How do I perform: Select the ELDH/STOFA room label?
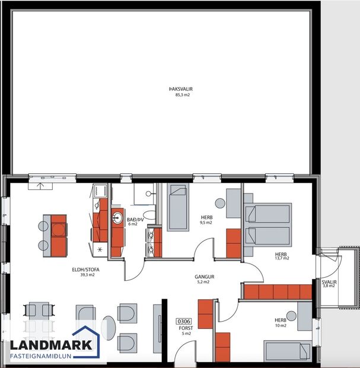[86, 269]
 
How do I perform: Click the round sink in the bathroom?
[116, 217]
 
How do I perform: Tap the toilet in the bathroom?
[149, 215]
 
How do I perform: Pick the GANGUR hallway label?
[204, 277]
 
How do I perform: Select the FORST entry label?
[185, 327]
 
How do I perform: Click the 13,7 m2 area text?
[282, 258]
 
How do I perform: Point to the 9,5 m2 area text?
[206, 223]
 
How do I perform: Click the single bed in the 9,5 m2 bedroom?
[177, 208]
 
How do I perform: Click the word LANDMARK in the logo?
[50, 345]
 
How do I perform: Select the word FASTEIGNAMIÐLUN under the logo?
[50, 357]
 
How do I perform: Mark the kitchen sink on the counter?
[100, 192]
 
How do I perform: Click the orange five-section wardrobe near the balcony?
[278, 291]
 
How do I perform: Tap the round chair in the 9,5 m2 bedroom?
[219, 203]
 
